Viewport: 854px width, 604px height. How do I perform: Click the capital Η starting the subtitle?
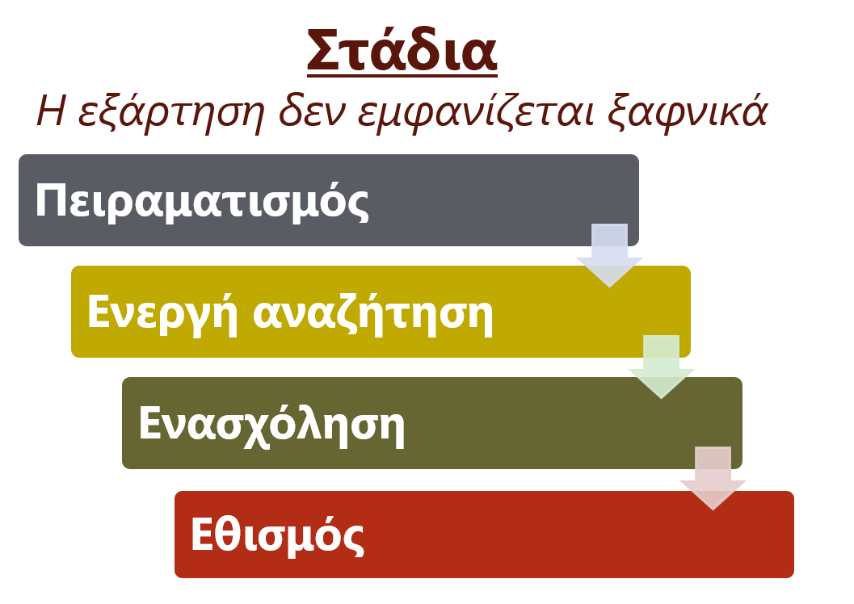click(51, 111)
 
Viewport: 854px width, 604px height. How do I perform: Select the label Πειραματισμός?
click(202, 202)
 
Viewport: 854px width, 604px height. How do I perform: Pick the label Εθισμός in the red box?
click(277, 536)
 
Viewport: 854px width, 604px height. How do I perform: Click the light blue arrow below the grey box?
click(609, 254)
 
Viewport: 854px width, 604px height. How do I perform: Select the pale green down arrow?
click(661, 367)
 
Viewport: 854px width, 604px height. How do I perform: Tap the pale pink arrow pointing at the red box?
click(713, 478)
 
